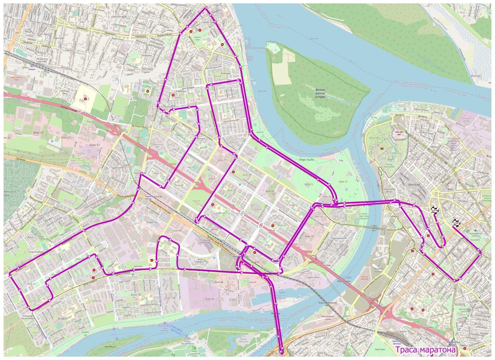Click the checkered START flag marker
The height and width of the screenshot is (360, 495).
[x=456, y=223]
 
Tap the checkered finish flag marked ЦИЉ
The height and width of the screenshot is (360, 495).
[x=434, y=210]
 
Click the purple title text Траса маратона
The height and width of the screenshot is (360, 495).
[x=426, y=350]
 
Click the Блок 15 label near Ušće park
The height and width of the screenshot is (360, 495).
[x=343, y=181]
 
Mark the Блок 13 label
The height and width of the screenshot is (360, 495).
[x=309, y=184]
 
